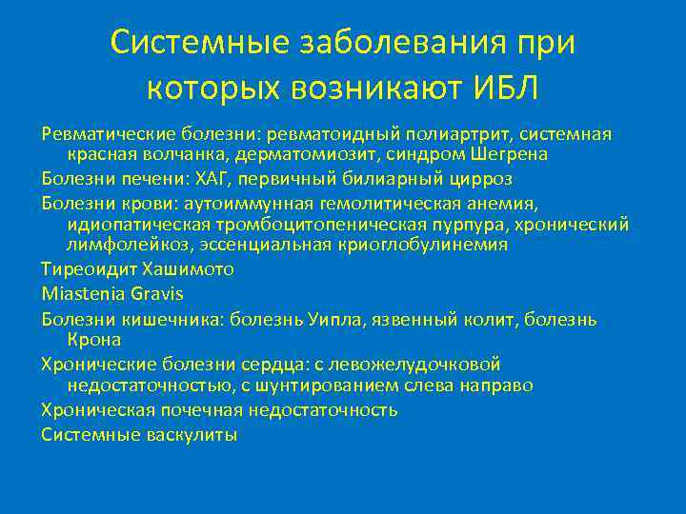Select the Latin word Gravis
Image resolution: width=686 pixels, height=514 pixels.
[x=151, y=293]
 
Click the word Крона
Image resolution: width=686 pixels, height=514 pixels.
[x=94, y=339]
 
